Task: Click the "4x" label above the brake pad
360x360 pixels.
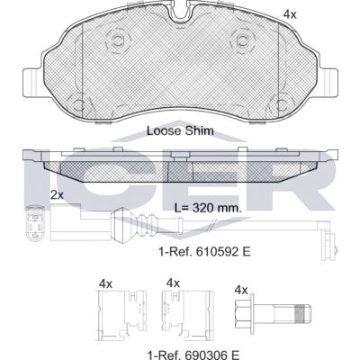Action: click(x=290, y=14)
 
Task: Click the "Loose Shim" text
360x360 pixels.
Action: click(x=180, y=130)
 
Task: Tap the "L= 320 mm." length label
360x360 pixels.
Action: click(x=208, y=207)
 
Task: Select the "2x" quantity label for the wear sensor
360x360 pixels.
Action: click(x=57, y=195)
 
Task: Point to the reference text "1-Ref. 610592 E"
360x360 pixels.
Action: click(x=204, y=251)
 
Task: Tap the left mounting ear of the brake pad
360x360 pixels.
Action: click(x=32, y=83)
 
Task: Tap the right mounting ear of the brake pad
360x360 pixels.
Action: click(x=328, y=83)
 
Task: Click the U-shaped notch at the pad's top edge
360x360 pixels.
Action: click(x=180, y=13)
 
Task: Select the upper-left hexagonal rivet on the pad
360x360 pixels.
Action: click(x=118, y=40)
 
